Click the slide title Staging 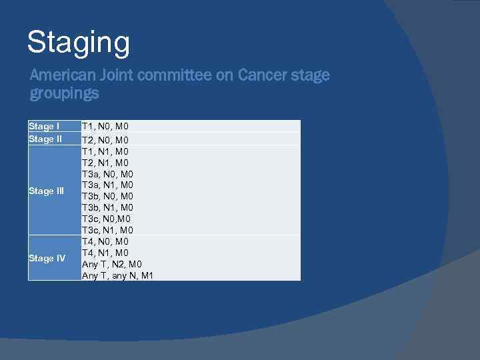pos(79,43)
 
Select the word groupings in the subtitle pos(64,93)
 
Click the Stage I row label pos(44,126)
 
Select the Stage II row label pos(45,139)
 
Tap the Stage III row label pos(47,191)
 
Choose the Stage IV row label pos(47,258)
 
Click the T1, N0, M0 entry pos(105,126)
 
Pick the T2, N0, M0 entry pos(105,140)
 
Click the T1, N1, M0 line pos(105,151)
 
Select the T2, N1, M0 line pos(105,163)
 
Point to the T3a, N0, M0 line pos(107,174)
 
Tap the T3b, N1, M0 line pos(107,207)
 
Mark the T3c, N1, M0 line pos(107,230)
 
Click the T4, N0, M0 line pos(105,241)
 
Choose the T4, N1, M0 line pos(105,253)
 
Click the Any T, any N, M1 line pos(117,275)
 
